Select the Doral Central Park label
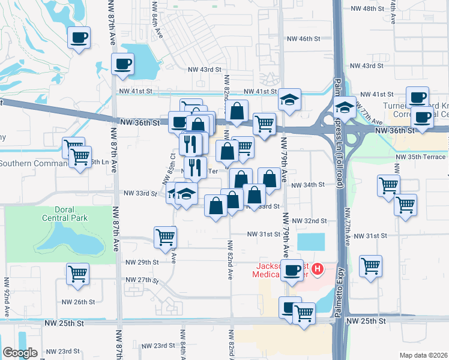click(x=65, y=214)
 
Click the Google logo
click(x=20, y=353)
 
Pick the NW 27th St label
click(x=142, y=280)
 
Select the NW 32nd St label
click(x=309, y=221)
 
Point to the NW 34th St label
click(x=307, y=185)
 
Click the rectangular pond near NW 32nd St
click(x=310, y=242)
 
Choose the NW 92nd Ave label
click(x=7, y=296)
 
